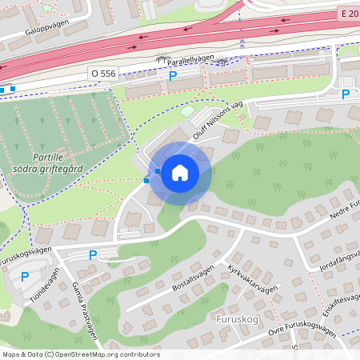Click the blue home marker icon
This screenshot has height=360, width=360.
pos(180,172)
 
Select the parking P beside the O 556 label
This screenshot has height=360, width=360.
pos(173,76)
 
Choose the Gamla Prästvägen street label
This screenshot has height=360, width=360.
pos(83,299)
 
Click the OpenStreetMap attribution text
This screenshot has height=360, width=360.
pos(80,354)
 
